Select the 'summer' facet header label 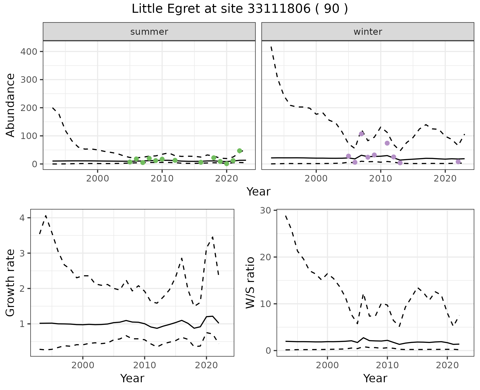tap(149, 32)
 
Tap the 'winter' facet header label tap(368, 32)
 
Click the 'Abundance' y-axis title tap(10, 105)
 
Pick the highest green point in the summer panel tap(239, 151)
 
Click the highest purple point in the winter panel tap(361, 134)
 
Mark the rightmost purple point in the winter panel tap(458, 162)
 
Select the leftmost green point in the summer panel tap(130, 162)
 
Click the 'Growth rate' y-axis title tap(10, 283)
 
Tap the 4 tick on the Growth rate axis tap(22, 218)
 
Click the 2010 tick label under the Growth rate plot tap(144, 365)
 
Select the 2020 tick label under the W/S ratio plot tap(447, 365)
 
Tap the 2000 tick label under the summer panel tap(97, 179)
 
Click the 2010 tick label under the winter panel tap(381, 179)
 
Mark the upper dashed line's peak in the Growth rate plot tap(46, 215)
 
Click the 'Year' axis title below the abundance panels tap(258, 192)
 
